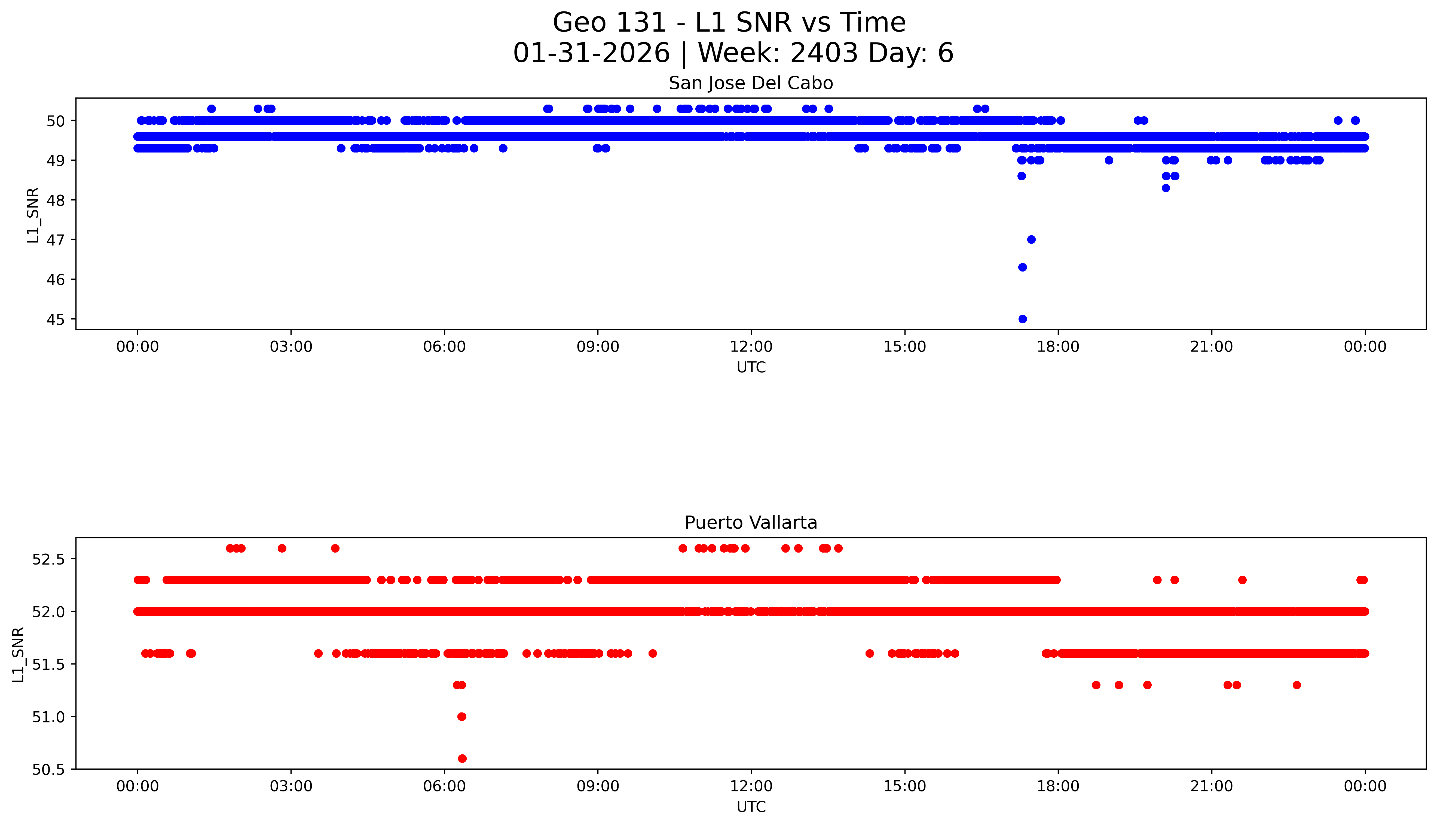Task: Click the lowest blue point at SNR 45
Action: click(x=1022, y=319)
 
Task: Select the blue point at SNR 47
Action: click(x=1032, y=239)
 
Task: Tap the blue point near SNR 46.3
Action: click(x=1022, y=267)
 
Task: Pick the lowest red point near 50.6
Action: click(x=462, y=758)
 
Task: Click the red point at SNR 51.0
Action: click(x=461, y=717)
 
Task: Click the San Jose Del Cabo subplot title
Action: click(x=751, y=83)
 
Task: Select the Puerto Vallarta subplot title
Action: click(x=751, y=523)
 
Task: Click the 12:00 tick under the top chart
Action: click(x=751, y=347)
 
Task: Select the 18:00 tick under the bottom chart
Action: click(x=1058, y=786)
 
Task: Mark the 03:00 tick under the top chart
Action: click(x=291, y=347)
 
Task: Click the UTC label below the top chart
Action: click(x=751, y=368)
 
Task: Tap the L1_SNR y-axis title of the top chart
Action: click(x=33, y=216)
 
